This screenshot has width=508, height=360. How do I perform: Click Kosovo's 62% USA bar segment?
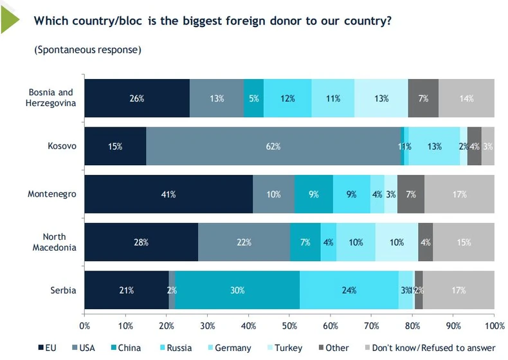point(273,146)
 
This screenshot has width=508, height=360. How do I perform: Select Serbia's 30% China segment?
point(237,290)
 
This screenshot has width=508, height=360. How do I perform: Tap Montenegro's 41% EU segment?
point(168,194)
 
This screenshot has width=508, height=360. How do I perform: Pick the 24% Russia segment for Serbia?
point(349,290)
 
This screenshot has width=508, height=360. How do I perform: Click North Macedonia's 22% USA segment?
point(244,242)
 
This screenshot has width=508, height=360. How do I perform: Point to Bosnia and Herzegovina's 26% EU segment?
point(137,98)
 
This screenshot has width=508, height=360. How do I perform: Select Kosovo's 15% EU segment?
point(115,146)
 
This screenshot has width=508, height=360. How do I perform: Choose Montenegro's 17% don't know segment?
point(459,194)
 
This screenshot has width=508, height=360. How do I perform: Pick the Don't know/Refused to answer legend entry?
point(430,348)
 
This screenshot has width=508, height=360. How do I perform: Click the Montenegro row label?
point(52,194)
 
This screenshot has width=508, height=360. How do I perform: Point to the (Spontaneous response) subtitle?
point(87,49)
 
